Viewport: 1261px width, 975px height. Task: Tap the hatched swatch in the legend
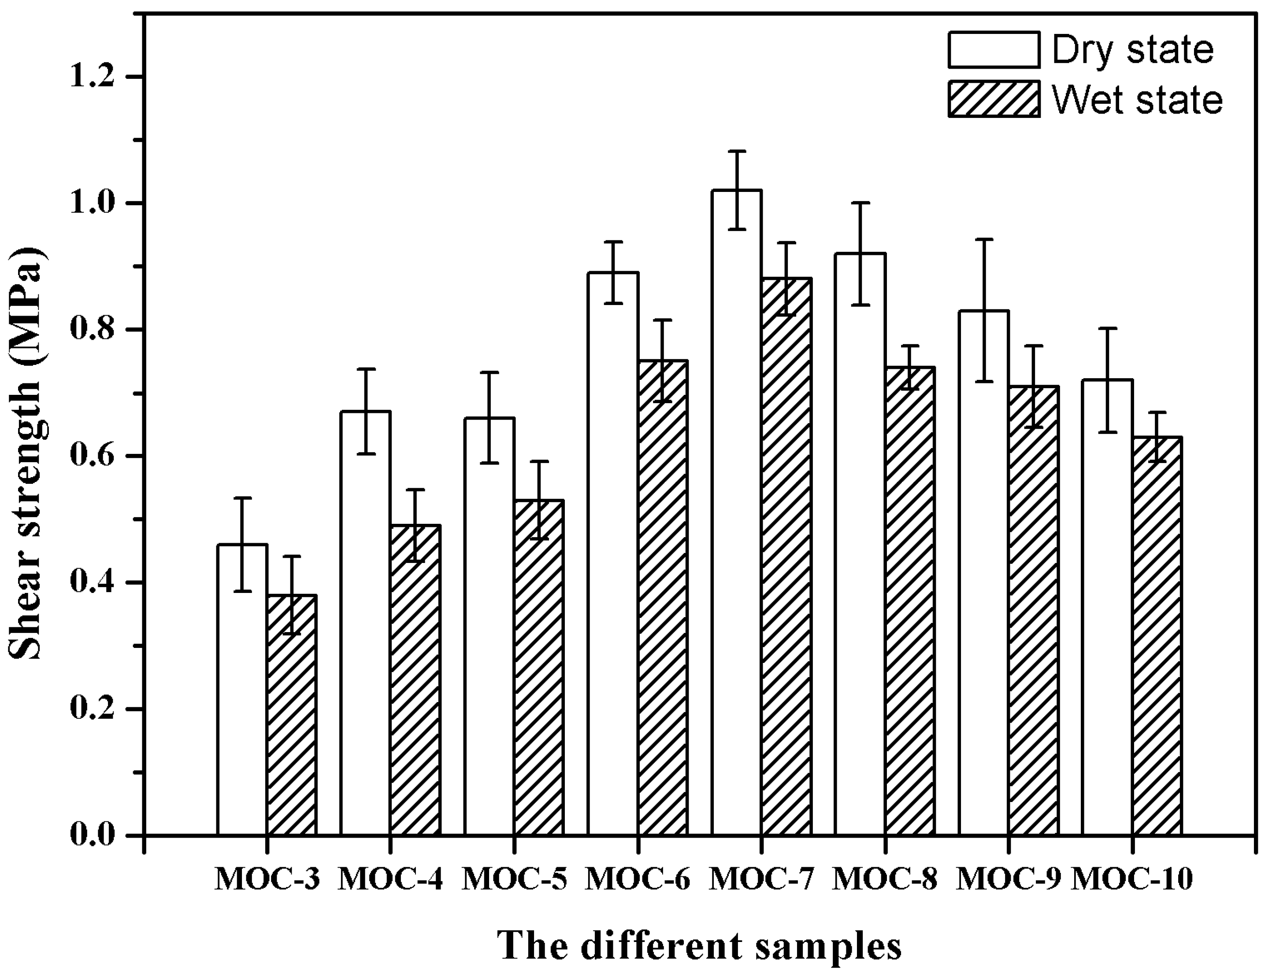tap(993, 99)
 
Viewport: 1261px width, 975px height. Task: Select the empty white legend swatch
tap(993, 50)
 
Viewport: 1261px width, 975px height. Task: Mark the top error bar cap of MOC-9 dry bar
tap(984, 239)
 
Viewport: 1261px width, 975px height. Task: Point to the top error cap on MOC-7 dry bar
tap(736, 151)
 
